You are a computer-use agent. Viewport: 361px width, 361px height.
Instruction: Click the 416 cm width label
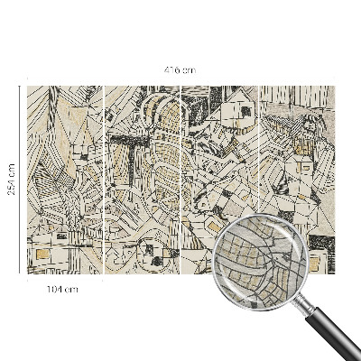(x=180, y=69)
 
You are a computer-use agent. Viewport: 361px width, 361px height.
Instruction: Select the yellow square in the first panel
(x=41, y=256)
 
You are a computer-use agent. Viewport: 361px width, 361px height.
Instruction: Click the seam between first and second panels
(x=104, y=180)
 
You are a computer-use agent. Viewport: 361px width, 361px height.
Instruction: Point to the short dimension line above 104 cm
(x=64, y=281)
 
